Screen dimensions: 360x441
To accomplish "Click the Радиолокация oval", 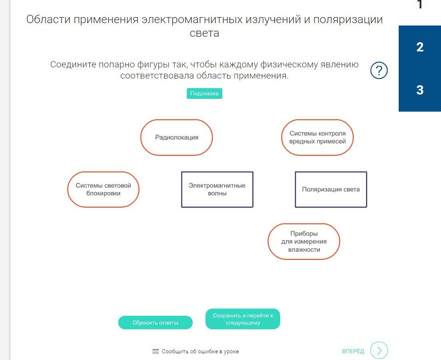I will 176,137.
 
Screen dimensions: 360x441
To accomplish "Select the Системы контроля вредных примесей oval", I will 317,137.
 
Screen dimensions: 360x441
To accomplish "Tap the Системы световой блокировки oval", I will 103,189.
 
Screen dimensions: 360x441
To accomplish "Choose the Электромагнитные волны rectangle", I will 217,189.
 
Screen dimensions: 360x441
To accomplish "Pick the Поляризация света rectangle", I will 331,189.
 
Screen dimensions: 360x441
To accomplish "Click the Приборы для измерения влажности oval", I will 304,242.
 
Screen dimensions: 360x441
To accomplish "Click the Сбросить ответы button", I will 155,323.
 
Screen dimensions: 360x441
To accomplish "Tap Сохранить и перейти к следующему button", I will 243,319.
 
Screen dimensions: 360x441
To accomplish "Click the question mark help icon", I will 379,71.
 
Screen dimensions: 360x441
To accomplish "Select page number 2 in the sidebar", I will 420,47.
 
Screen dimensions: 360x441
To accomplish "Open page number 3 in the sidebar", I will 420,90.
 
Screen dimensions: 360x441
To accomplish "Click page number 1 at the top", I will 420,5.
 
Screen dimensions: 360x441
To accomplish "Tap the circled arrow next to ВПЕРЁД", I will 379,350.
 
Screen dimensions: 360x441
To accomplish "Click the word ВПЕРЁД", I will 353,351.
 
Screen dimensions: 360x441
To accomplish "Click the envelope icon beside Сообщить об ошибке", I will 156,351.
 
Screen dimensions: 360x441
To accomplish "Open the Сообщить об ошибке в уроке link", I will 200,351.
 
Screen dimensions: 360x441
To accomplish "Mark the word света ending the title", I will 204,33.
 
